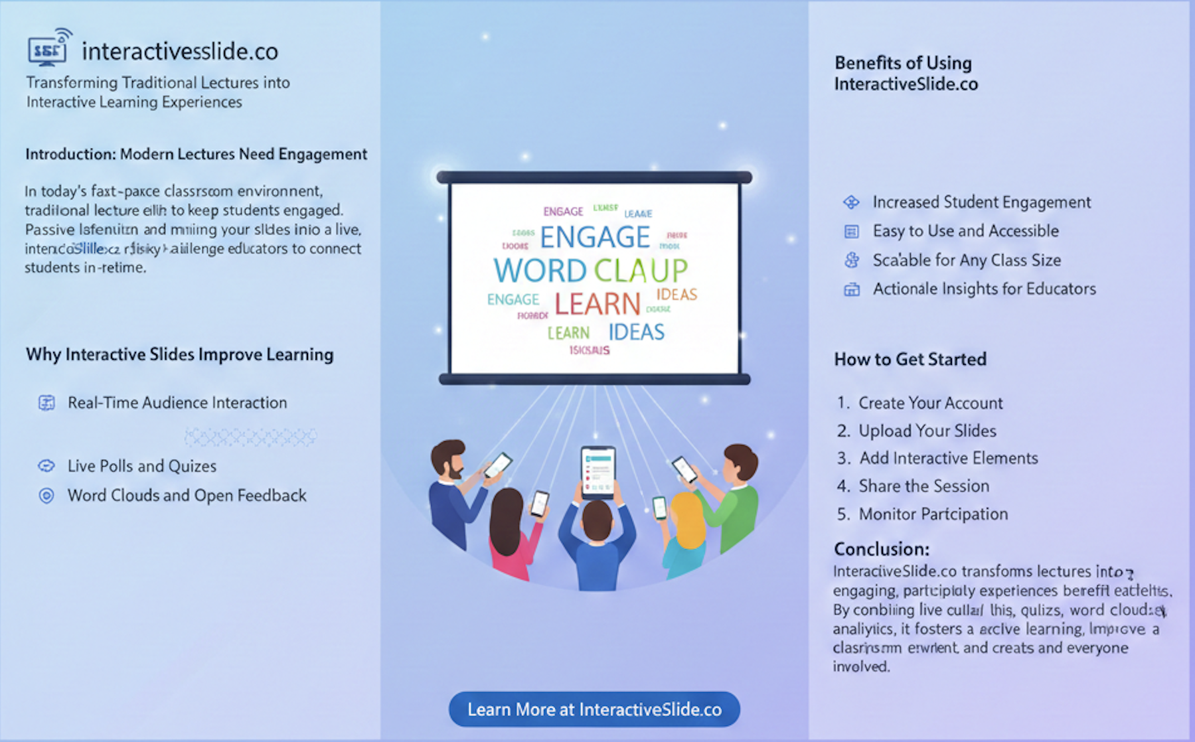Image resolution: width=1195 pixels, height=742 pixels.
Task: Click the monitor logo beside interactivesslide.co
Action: (x=48, y=48)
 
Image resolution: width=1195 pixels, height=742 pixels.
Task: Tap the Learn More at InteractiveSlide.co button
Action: (x=594, y=709)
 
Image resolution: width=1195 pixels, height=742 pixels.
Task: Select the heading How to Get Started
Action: (x=910, y=359)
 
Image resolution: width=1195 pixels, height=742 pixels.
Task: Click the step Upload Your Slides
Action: (x=927, y=431)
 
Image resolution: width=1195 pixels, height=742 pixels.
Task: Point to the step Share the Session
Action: (x=923, y=486)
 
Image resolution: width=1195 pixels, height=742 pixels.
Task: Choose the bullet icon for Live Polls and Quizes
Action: (x=46, y=466)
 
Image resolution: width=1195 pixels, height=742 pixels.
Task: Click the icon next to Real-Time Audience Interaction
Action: (x=46, y=403)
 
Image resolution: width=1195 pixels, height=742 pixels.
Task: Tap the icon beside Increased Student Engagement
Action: (x=851, y=202)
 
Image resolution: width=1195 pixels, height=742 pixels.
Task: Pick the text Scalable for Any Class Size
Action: (x=967, y=260)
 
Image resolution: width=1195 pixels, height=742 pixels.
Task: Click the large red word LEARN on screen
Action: (x=597, y=304)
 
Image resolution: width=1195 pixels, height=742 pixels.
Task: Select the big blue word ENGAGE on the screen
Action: (x=595, y=237)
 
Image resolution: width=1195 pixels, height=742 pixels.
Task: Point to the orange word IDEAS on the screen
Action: (x=677, y=295)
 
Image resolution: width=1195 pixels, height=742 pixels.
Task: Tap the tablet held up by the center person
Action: (x=598, y=472)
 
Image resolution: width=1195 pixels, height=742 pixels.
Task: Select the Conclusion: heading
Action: (x=881, y=549)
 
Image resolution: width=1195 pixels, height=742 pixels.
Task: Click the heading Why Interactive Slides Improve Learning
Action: (x=179, y=354)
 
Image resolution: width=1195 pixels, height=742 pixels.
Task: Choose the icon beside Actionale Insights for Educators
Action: (x=851, y=289)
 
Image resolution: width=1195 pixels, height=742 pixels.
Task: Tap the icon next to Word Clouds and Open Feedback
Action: (x=46, y=496)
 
